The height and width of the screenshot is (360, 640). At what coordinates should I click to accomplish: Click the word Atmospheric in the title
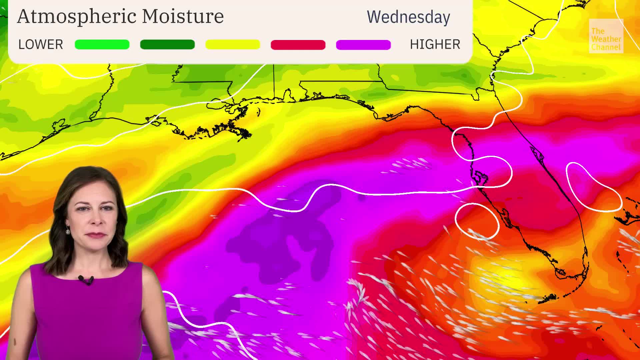(77, 17)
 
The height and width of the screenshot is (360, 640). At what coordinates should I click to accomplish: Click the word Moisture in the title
(183, 16)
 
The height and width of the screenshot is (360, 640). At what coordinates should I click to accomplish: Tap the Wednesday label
(408, 17)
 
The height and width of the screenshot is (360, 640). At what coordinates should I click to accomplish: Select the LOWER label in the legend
(40, 44)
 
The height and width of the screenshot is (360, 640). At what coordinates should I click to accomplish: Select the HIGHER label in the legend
(435, 44)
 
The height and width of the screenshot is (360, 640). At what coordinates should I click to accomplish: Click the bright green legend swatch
(102, 44)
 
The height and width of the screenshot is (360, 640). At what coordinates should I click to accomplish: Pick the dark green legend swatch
(167, 44)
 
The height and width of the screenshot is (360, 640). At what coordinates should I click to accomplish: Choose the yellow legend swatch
(233, 44)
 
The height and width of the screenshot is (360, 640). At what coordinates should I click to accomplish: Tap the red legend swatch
(298, 45)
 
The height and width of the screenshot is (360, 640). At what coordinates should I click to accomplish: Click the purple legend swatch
(363, 45)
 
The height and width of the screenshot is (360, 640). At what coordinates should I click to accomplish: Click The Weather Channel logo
(606, 36)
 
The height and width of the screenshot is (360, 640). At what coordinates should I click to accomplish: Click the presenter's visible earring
(68, 230)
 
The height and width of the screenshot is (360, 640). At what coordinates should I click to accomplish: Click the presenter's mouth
(96, 235)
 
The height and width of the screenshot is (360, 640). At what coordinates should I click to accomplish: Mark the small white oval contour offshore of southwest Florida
(477, 221)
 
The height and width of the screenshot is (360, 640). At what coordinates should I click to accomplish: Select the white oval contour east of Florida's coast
(593, 187)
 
